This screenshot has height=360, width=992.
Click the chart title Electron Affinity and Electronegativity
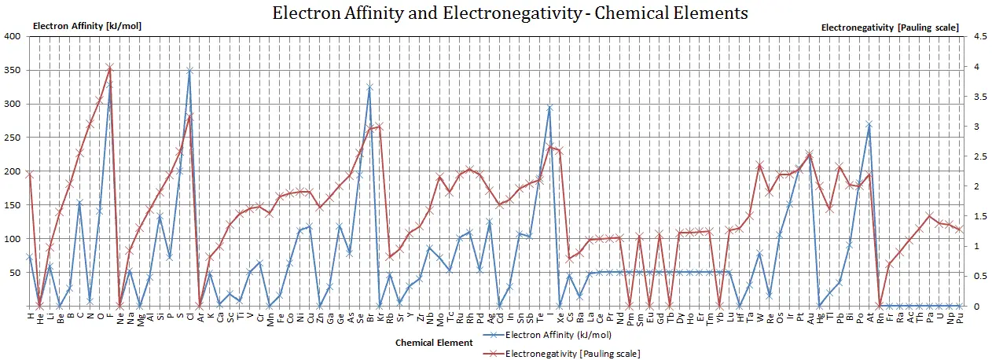coord(510,13)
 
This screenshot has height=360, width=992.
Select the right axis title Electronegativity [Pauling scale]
coord(889,27)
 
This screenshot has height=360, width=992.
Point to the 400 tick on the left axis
coord(13,36)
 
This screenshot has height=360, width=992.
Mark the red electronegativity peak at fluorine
coord(110,68)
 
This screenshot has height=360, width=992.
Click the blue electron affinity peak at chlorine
coord(189,70)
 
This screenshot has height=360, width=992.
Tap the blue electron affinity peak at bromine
coord(369,86)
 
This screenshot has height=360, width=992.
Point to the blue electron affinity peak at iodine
coord(549,107)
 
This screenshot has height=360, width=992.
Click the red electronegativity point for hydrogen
coord(30,174)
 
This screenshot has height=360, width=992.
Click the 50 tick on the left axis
coord(16,273)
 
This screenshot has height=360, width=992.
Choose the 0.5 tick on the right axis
coord(975,276)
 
